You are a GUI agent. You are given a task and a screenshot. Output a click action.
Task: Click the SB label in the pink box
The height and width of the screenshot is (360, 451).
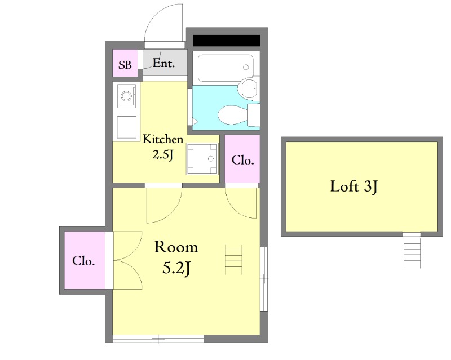[125, 65]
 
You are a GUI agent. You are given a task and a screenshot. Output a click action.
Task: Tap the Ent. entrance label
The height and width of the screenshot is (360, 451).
[163, 63]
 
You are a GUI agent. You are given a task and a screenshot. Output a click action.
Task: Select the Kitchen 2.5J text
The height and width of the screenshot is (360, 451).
[163, 147]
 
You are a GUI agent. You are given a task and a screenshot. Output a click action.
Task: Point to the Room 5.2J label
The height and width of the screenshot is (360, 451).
[176, 258]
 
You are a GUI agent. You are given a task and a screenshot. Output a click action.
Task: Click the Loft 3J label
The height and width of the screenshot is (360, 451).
[353, 186]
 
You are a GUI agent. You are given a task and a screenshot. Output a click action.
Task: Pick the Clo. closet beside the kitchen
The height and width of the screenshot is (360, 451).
[242, 159]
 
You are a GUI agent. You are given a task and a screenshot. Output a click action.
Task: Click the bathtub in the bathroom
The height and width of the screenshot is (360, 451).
[226, 68]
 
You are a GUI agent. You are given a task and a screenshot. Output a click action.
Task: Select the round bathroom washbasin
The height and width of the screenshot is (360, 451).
[249, 88]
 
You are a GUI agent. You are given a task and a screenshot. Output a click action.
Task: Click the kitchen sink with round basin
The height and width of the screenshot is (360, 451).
[126, 96]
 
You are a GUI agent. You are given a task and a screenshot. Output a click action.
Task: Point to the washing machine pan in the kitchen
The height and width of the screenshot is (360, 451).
[202, 159]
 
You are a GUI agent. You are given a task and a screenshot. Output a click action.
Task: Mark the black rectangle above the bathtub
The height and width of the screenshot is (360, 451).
[227, 41]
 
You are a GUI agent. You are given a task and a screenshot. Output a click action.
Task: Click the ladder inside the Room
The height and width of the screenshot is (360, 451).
[233, 260]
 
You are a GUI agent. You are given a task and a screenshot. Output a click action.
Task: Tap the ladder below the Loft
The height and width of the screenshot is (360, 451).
[412, 251]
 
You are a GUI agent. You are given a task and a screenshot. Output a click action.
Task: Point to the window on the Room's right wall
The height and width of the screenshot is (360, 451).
[264, 279]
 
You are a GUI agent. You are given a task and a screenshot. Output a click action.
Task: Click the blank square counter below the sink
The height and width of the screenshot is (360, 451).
[126, 127]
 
